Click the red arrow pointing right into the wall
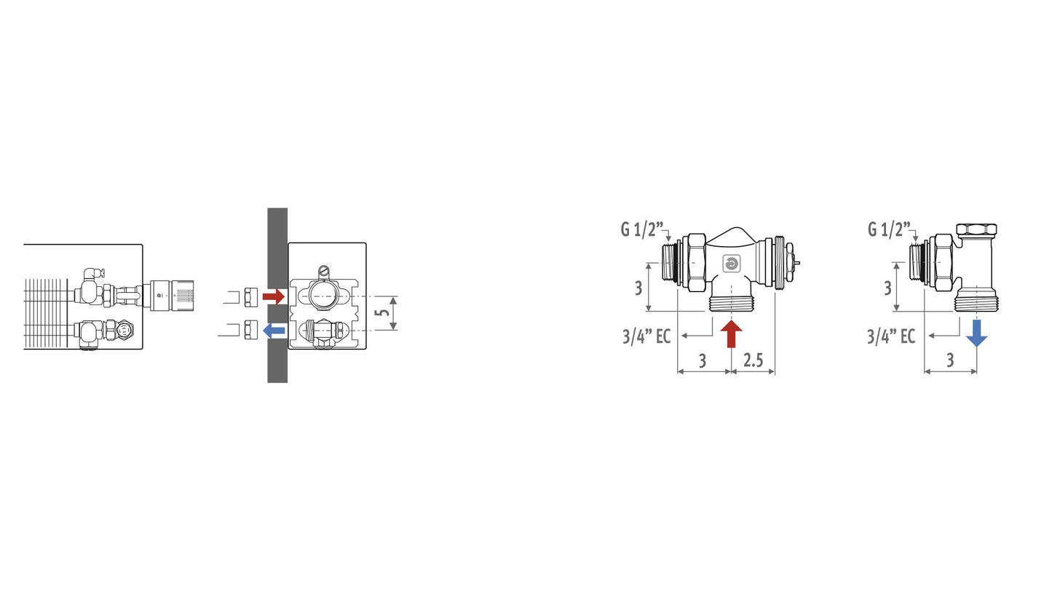coord(273,296)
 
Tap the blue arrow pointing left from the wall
coord(274,331)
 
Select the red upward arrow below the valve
coord(731,333)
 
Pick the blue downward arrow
coord(977,333)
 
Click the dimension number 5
coord(384,312)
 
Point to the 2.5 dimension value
coord(753,360)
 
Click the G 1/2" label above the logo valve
coord(642,230)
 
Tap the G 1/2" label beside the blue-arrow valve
coord(889,230)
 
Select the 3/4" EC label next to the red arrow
coord(646,336)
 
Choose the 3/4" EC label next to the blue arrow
coord(891,336)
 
